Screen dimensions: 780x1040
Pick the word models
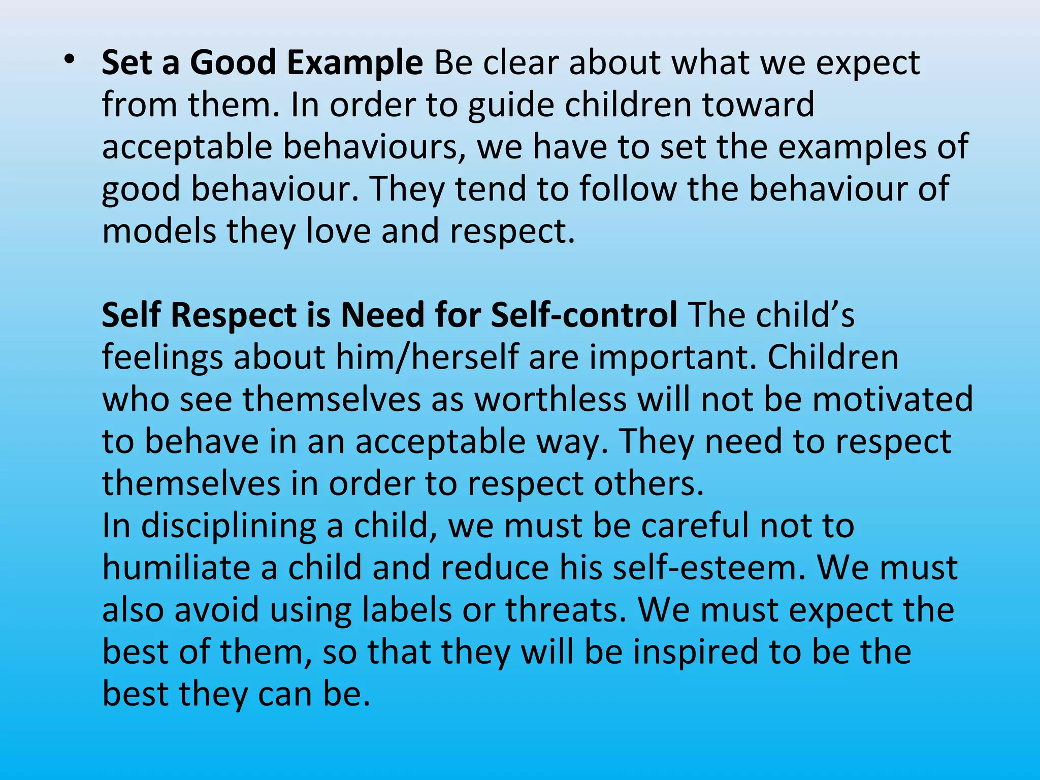click(x=159, y=231)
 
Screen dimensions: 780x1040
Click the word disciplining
click(x=229, y=526)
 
